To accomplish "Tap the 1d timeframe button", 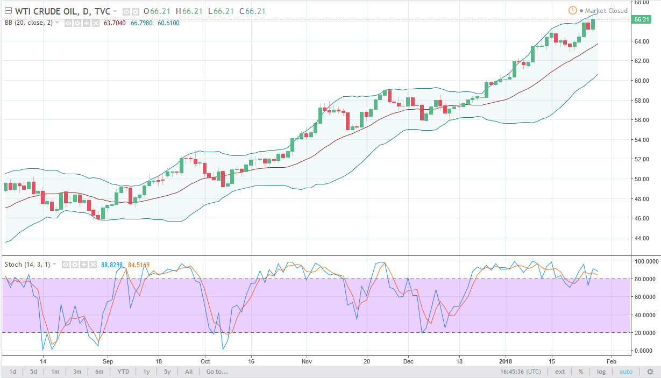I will click(x=13, y=372).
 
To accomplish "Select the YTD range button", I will click(x=123, y=372).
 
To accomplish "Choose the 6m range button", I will click(x=99, y=372).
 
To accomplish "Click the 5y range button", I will click(x=167, y=372).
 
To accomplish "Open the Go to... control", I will click(x=217, y=372).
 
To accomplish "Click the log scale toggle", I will click(x=601, y=372).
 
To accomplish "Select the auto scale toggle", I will click(x=626, y=372).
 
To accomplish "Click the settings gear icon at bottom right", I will click(x=650, y=372).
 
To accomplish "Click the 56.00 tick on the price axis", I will click(x=642, y=120).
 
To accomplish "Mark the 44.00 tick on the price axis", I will click(x=642, y=238).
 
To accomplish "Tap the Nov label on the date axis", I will click(x=307, y=361).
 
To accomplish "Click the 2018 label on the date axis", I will click(x=506, y=361).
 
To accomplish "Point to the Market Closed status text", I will click(x=606, y=11).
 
